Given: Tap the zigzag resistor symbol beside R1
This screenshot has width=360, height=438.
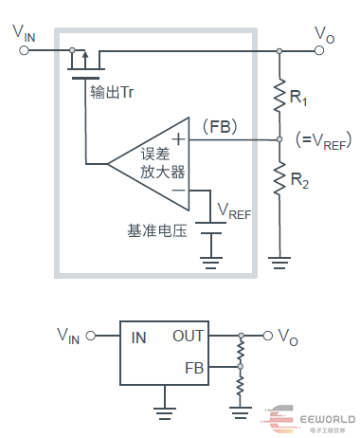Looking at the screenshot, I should [x=279, y=94].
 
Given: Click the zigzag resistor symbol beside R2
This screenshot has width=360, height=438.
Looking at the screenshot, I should [x=279, y=179].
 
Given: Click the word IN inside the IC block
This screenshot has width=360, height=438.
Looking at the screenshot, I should [x=138, y=336].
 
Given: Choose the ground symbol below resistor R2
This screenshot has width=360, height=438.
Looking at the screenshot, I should [x=279, y=254].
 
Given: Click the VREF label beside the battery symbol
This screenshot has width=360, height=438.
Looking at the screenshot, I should [x=234, y=210].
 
